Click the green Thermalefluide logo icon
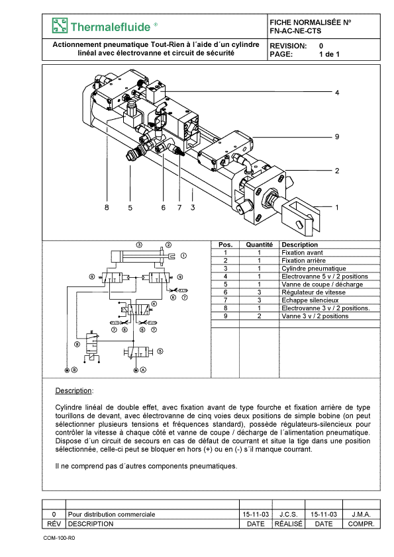pos(60,26)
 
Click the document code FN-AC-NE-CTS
pos(295,31)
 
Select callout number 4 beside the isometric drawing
pos(337,93)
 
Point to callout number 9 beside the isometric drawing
pos(337,137)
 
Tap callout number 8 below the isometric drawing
pos(107,208)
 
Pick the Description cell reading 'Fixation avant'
pos(302,253)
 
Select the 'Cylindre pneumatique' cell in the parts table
pos(314,269)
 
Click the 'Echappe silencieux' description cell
pos(310,300)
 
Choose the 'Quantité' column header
pos(259,244)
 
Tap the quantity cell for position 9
pos(259,316)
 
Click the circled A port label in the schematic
pos(143,370)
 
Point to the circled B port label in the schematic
pos(74,370)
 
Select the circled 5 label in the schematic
pos(160,351)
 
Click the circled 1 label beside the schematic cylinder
pos(183,255)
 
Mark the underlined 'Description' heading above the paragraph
pos(74,391)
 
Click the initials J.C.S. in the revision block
pos(289,515)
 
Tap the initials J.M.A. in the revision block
pos(362,515)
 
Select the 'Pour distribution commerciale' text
pos(111,515)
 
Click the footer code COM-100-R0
pos(59,538)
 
